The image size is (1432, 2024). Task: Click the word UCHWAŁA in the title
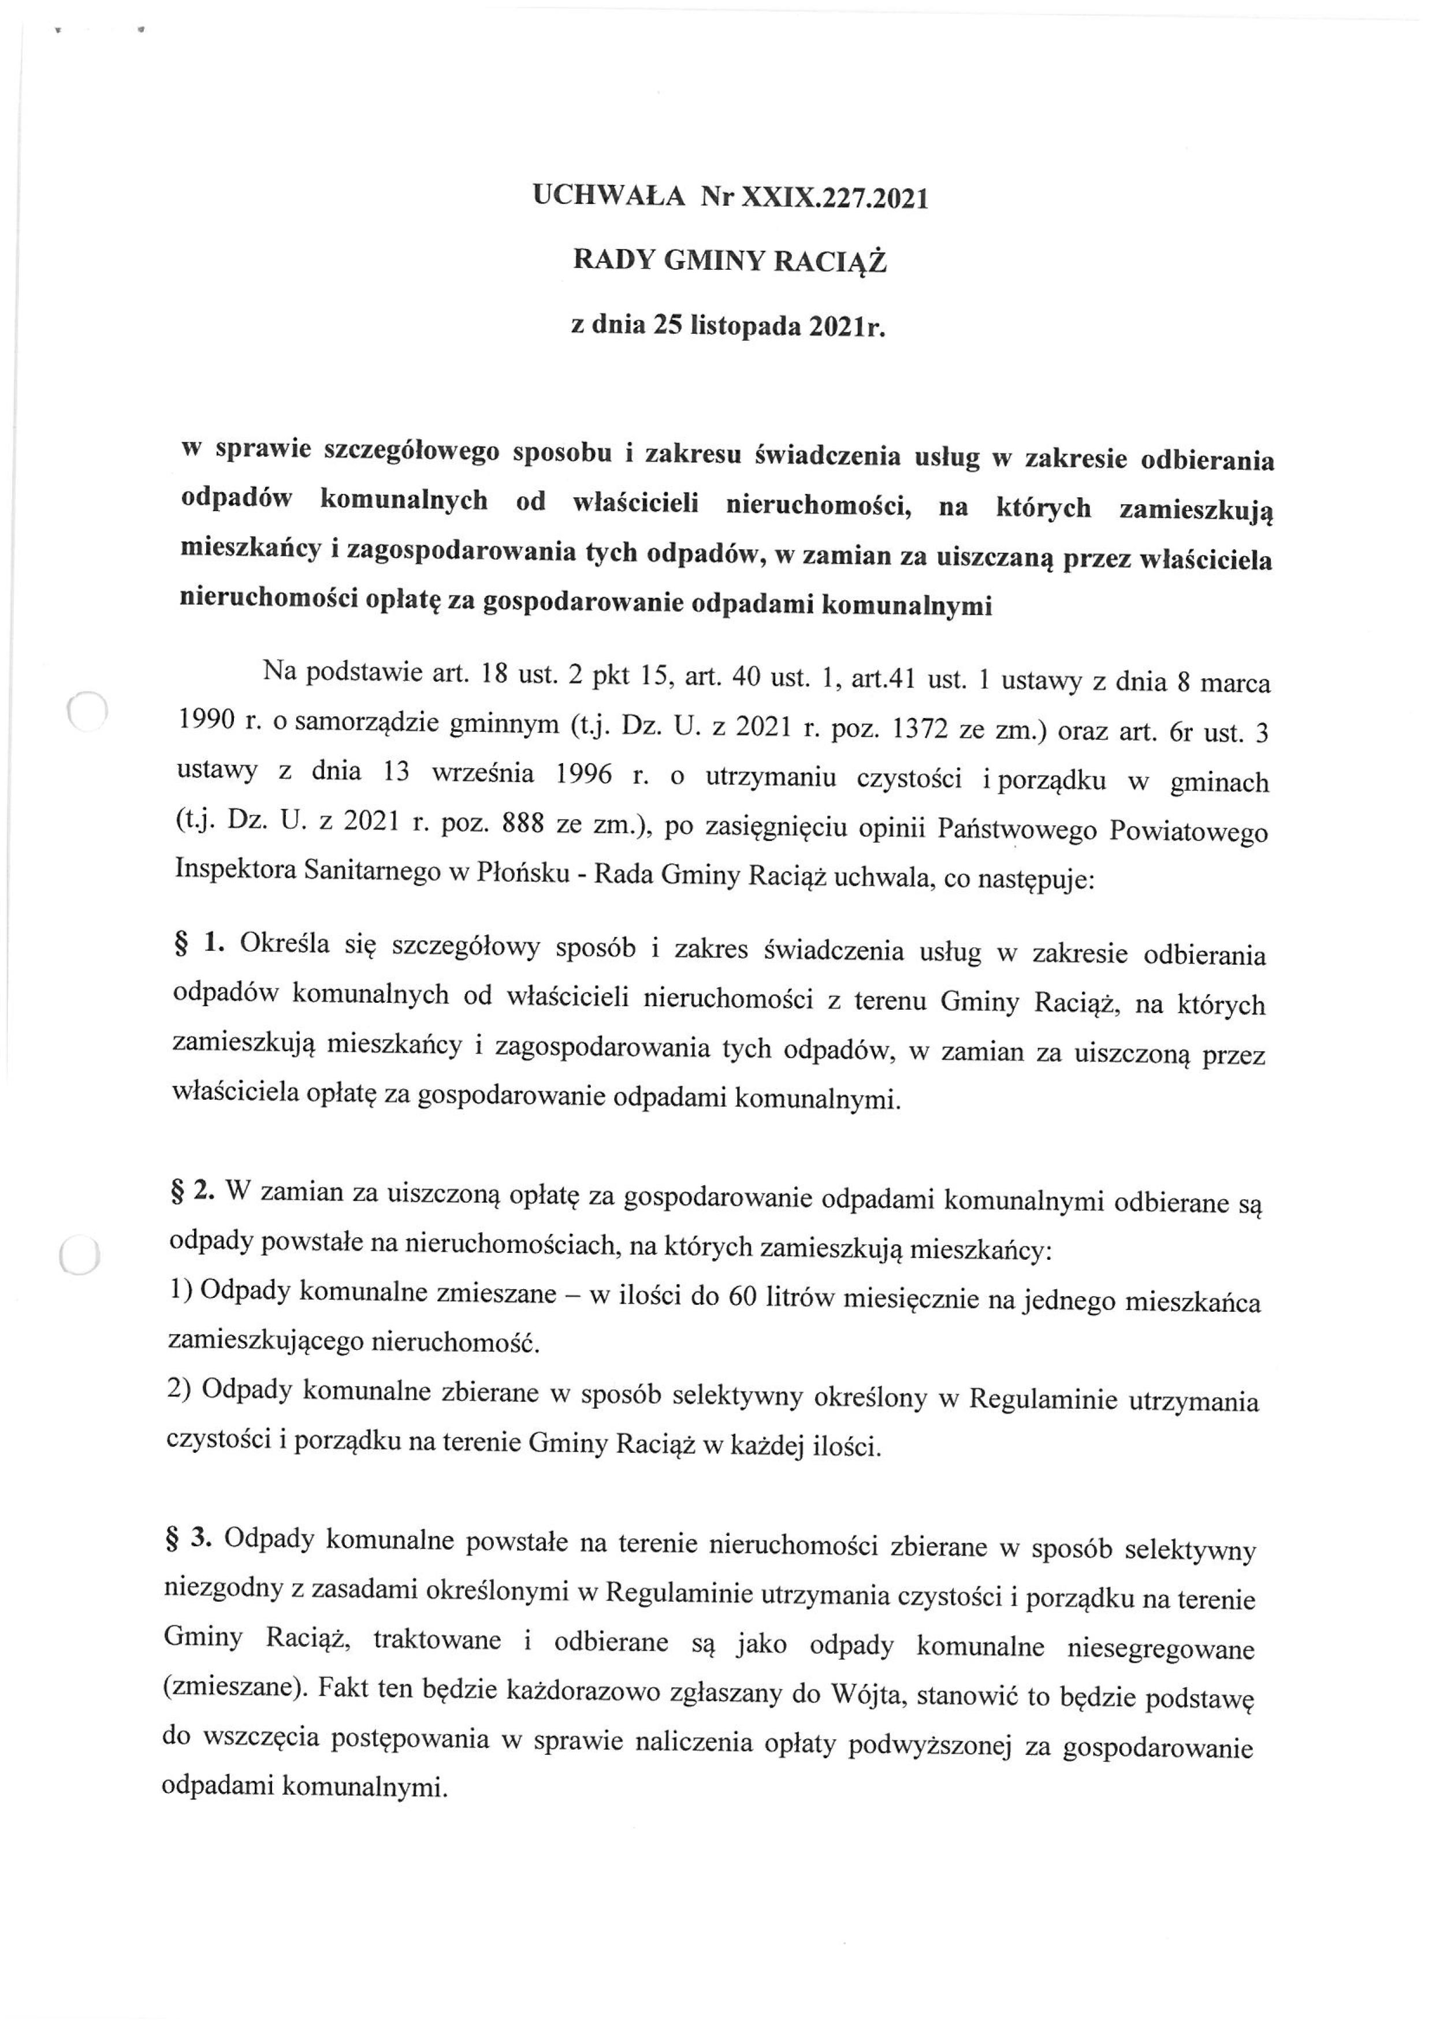(608, 196)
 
